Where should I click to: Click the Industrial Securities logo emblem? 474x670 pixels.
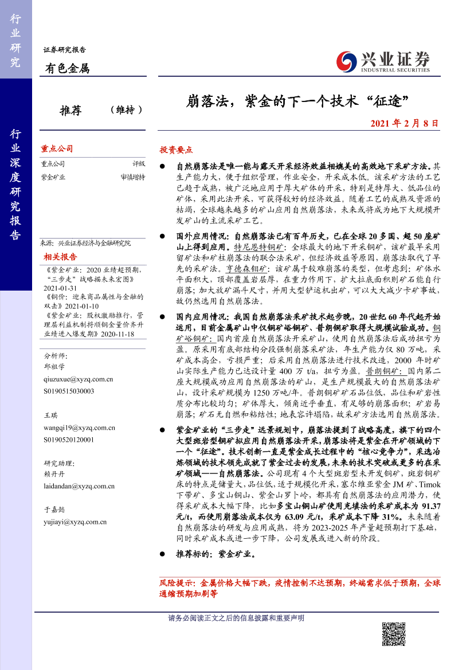346,61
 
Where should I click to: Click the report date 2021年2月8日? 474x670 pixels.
404,123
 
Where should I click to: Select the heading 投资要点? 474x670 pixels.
176,149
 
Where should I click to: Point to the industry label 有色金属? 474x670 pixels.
68,69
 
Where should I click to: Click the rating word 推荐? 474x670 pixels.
70,110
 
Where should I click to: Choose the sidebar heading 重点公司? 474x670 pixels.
57,148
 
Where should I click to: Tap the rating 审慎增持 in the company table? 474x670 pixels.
133,177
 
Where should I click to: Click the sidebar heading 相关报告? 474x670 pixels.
57,256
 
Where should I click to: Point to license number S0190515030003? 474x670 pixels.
69,391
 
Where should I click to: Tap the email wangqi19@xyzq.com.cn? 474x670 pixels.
79,428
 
